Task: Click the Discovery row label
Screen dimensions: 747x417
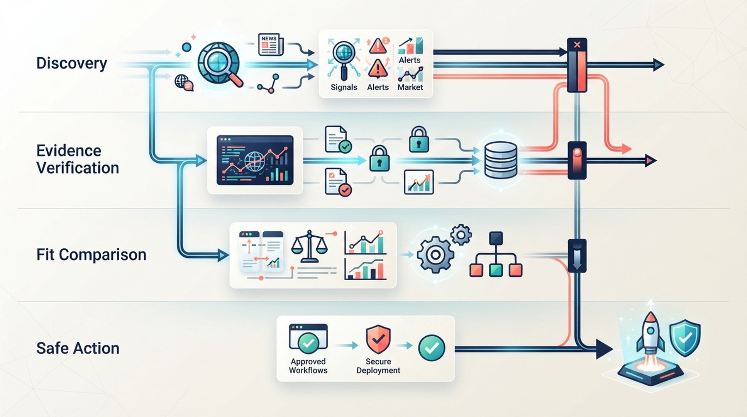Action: [x=71, y=63]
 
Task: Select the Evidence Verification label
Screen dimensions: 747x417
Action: [x=78, y=159]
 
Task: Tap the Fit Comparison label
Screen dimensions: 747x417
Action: [x=91, y=255]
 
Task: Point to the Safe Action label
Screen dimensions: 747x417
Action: [x=78, y=348]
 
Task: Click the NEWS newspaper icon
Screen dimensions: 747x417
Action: [x=271, y=45]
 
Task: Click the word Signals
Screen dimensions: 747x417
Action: [x=344, y=87]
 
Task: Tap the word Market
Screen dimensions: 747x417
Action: [x=410, y=87]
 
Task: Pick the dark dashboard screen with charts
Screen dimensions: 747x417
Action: [x=255, y=160]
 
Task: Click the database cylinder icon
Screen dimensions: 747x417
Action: [x=500, y=160]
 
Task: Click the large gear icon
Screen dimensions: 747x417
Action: [x=435, y=255]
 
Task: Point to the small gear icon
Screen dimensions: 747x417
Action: [x=461, y=234]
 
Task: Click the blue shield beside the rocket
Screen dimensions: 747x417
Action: [x=685, y=337]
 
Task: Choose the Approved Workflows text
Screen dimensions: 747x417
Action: [x=308, y=366]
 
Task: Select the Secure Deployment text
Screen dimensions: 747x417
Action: [x=378, y=366]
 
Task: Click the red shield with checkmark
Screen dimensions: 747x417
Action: [x=378, y=339]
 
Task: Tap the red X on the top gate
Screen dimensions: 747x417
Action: [x=577, y=45]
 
